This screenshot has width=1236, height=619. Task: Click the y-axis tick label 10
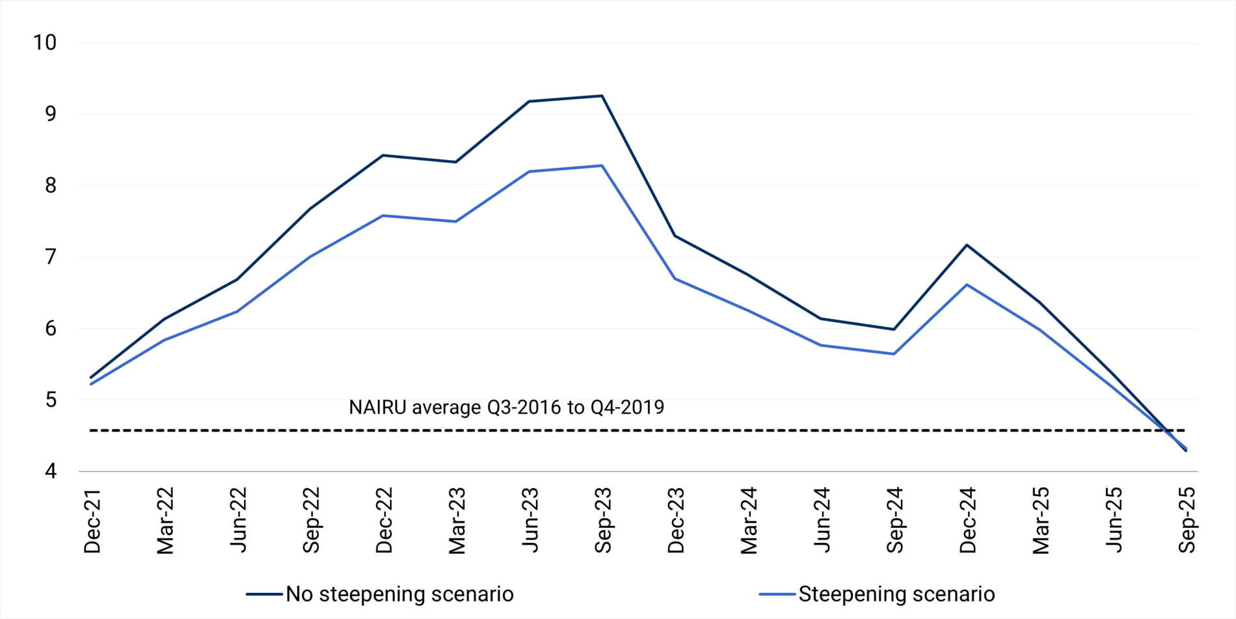[x=45, y=43]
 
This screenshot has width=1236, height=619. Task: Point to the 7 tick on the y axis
[x=51, y=257]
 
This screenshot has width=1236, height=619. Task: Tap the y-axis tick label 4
[x=51, y=471]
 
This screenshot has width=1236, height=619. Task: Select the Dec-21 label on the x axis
[x=92, y=521]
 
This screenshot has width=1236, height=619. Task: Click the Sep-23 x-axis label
[x=603, y=521]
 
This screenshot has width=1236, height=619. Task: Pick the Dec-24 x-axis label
[x=967, y=521]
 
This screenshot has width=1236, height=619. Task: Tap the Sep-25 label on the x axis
[x=1187, y=521]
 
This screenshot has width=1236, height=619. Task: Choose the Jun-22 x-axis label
[x=238, y=521]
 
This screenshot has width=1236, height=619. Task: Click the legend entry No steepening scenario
[x=399, y=594]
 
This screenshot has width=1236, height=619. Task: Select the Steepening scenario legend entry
[x=896, y=594]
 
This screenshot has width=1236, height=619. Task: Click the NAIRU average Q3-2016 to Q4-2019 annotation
[x=506, y=407]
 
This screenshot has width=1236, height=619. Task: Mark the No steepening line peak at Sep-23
[x=602, y=96]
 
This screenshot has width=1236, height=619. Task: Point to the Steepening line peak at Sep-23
[x=602, y=166]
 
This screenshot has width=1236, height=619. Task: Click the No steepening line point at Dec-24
[x=967, y=245]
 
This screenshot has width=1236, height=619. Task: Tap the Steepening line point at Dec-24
[x=967, y=284]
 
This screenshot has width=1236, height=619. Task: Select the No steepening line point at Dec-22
[x=383, y=156]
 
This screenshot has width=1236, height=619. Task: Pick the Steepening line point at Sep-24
[x=894, y=354]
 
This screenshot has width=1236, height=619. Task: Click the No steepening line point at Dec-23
[x=675, y=236]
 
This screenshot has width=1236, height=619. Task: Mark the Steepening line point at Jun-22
[x=237, y=311]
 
